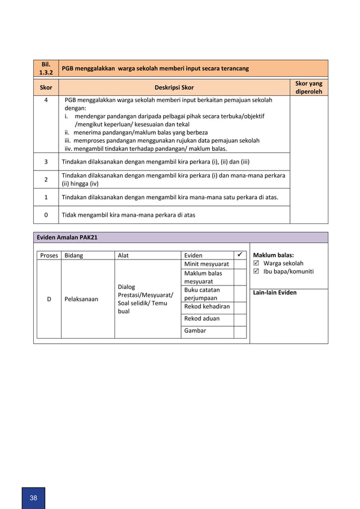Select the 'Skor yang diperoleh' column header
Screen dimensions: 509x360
(x=308, y=87)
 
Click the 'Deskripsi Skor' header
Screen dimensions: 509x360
(x=174, y=88)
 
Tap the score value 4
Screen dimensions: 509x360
(x=46, y=100)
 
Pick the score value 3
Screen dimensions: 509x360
(x=46, y=161)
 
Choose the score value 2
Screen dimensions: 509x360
(x=46, y=179)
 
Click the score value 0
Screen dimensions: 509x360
(x=46, y=214)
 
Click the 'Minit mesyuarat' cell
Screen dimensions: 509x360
(x=207, y=264)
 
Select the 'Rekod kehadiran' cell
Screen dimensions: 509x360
(x=207, y=306)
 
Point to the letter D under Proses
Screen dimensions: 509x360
(x=49, y=299)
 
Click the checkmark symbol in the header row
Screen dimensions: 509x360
(x=240, y=255)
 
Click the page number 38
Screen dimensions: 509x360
(x=33, y=498)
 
